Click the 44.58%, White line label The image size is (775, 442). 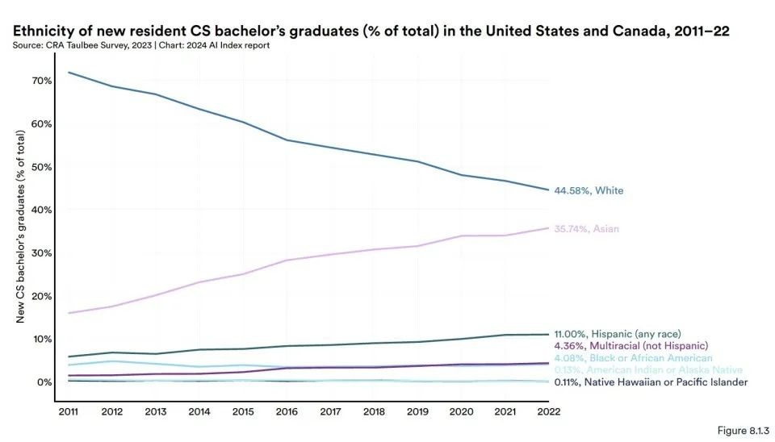(x=589, y=191)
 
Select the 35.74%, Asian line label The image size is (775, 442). (x=587, y=229)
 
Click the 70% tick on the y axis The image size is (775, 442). (x=42, y=81)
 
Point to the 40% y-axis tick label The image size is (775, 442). (x=42, y=210)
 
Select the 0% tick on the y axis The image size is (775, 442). (x=45, y=382)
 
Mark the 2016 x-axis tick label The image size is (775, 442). (x=287, y=411)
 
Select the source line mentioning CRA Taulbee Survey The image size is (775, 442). (x=141, y=45)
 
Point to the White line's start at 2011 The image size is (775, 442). (x=70, y=73)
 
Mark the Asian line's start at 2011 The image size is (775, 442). (x=70, y=313)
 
